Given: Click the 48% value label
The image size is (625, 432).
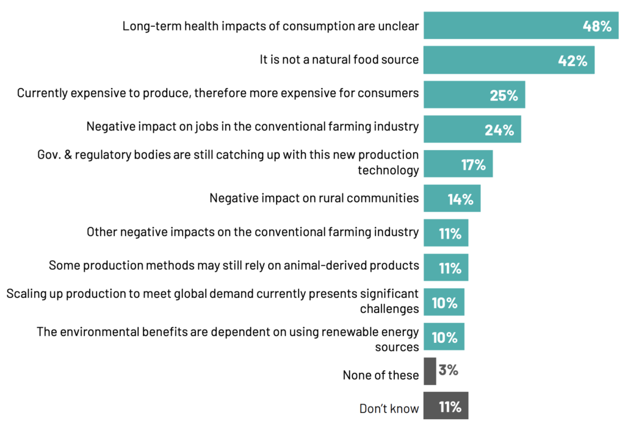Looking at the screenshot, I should coord(597,26).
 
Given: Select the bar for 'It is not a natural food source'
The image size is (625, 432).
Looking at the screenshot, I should coord(508,60).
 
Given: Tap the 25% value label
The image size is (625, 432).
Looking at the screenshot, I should coord(504,95).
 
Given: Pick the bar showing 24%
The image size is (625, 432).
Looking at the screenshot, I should coord(472,129).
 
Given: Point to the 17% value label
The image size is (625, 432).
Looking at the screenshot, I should coord(473,164).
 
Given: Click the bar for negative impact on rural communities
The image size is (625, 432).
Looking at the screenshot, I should coord(452,198).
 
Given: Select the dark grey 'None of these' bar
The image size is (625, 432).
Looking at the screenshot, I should coord(430,371).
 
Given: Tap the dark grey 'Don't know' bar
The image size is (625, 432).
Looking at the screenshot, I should coord(446,406).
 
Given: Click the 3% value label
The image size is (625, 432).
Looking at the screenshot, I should coord(448,370).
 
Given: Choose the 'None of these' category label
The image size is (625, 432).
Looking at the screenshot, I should coord(380,375).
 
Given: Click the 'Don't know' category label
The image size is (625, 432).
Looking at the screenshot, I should coord(389,409).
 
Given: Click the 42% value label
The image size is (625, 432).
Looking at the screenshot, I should coord(573,60).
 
